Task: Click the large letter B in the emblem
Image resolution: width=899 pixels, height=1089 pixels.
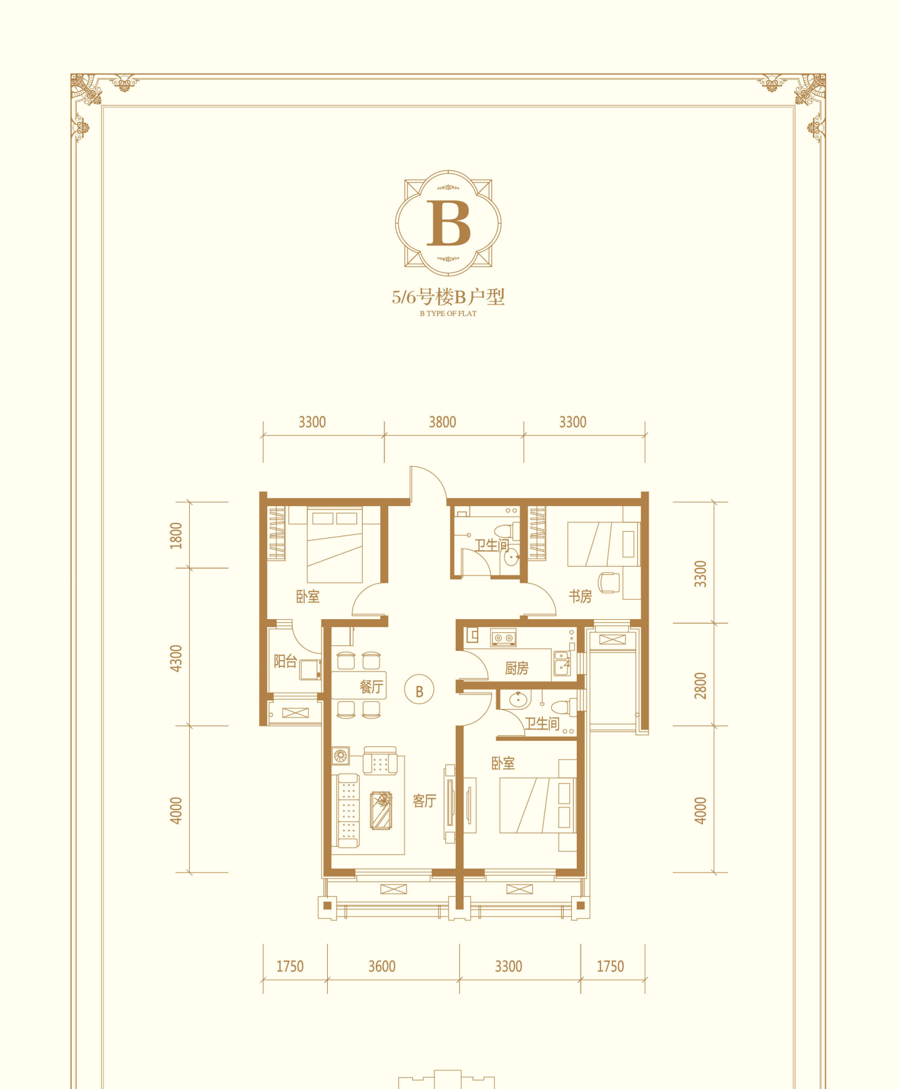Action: (x=448, y=223)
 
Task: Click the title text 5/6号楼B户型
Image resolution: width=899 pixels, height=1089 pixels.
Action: (x=448, y=296)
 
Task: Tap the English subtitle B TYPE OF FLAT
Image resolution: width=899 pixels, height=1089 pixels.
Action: (x=448, y=313)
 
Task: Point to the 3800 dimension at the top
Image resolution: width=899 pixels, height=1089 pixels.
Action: (x=442, y=422)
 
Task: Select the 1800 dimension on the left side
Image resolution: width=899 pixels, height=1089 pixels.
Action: (x=177, y=535)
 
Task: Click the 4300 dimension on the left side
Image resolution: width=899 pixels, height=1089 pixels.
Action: (x=177, y=658)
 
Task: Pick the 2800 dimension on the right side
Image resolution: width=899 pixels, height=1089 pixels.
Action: (x=700, y=685)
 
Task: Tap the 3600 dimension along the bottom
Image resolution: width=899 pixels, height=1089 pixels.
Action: (x=381, y=967)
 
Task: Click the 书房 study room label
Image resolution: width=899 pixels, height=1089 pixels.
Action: (x=580, y=597)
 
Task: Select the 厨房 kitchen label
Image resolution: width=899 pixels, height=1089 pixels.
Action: (x=516, y=668)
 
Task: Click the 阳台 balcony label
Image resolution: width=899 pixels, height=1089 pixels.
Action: (x=285, y=662)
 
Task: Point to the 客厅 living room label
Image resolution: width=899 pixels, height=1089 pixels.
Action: (x=424, y=801)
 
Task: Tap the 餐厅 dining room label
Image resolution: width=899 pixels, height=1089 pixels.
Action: (x=371, y=687)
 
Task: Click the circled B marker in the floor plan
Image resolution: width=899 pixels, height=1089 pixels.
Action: (x=419, y=691)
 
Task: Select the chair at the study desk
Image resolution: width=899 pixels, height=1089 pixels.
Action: (x=609, y=582)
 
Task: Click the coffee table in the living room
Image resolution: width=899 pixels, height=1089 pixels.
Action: (x=381, y=811)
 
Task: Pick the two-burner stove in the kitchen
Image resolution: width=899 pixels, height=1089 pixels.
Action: (x=503, y=637)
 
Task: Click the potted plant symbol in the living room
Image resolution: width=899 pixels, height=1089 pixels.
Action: (x=340, y=756)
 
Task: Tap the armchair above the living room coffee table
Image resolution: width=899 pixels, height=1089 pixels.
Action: (x=380, y=760)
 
